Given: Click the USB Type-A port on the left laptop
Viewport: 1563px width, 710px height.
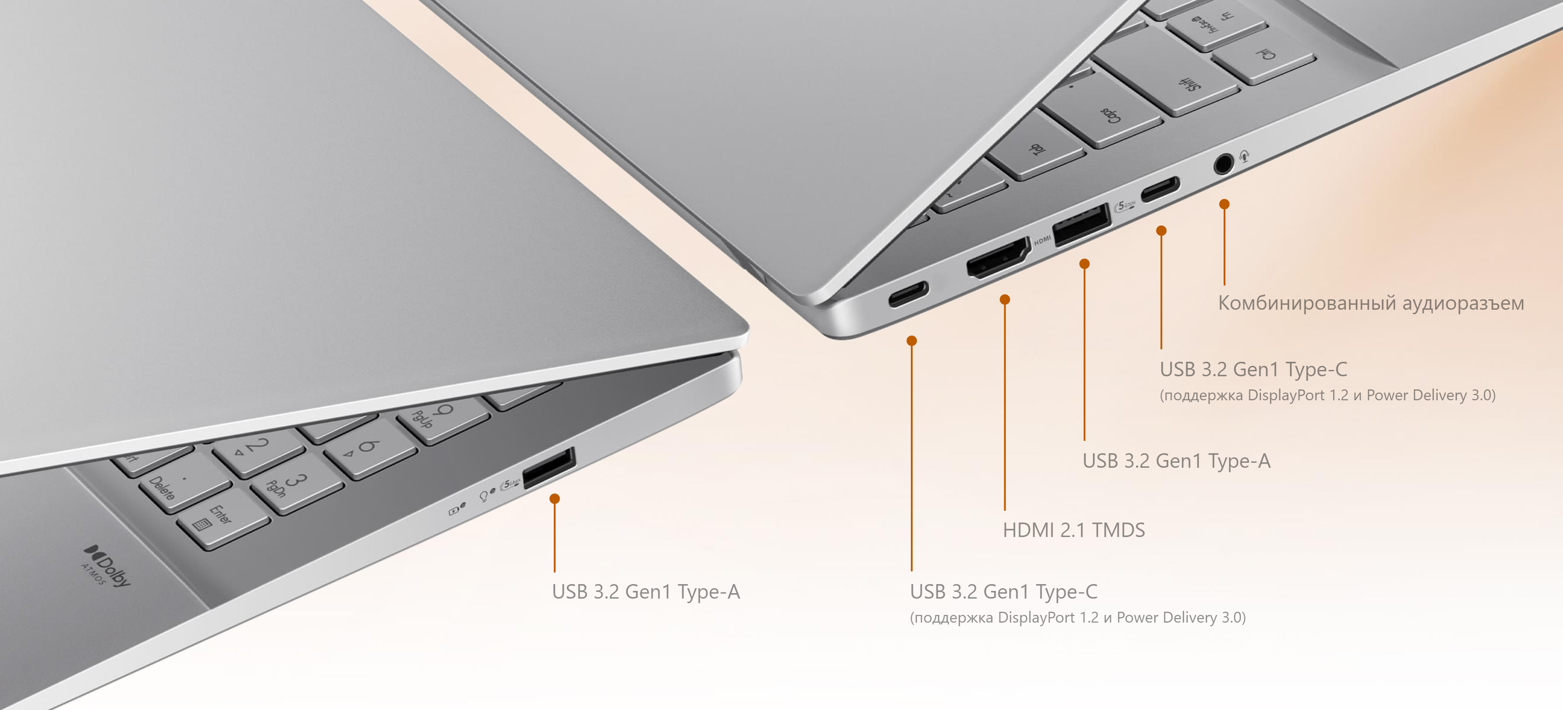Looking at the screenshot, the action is point(548,467).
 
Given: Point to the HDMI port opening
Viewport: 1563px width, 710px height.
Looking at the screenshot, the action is point(998,258).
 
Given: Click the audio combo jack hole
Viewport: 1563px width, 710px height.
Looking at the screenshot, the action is point(1223,164).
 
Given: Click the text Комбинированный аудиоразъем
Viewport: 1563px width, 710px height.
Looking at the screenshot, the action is point(1371,303).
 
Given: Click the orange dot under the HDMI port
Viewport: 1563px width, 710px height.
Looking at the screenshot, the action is point(1005,299).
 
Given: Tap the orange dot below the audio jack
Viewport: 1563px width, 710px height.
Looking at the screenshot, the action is point(1224,204).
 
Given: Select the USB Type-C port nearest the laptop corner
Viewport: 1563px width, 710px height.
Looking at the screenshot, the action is point(908,293).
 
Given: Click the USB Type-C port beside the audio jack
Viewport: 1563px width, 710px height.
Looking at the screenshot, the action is point(1160,189).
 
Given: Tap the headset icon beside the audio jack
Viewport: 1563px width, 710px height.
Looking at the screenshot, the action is point(1244,156).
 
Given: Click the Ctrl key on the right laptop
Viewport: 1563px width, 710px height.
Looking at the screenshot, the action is point(1264,55).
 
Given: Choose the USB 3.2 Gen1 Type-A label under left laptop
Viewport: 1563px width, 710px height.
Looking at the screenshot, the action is point(646,592).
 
